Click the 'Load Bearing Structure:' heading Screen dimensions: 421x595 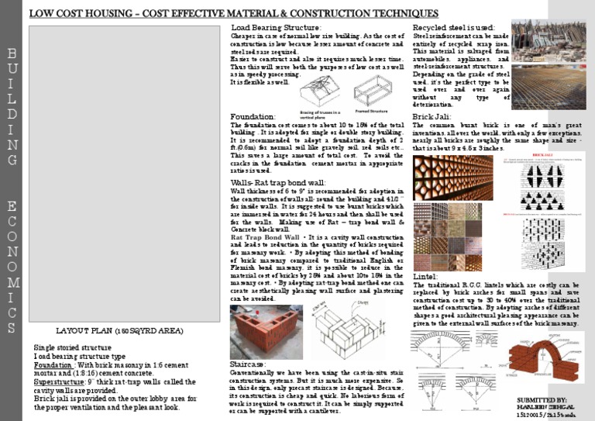point(277,28)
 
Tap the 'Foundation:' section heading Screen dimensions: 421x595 point(253,116)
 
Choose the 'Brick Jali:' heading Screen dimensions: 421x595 point(432,116)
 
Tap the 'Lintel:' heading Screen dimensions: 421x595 point(425,275)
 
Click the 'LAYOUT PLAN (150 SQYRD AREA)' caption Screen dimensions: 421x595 point(108,332)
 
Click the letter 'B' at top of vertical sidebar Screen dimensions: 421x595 point(12,55)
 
